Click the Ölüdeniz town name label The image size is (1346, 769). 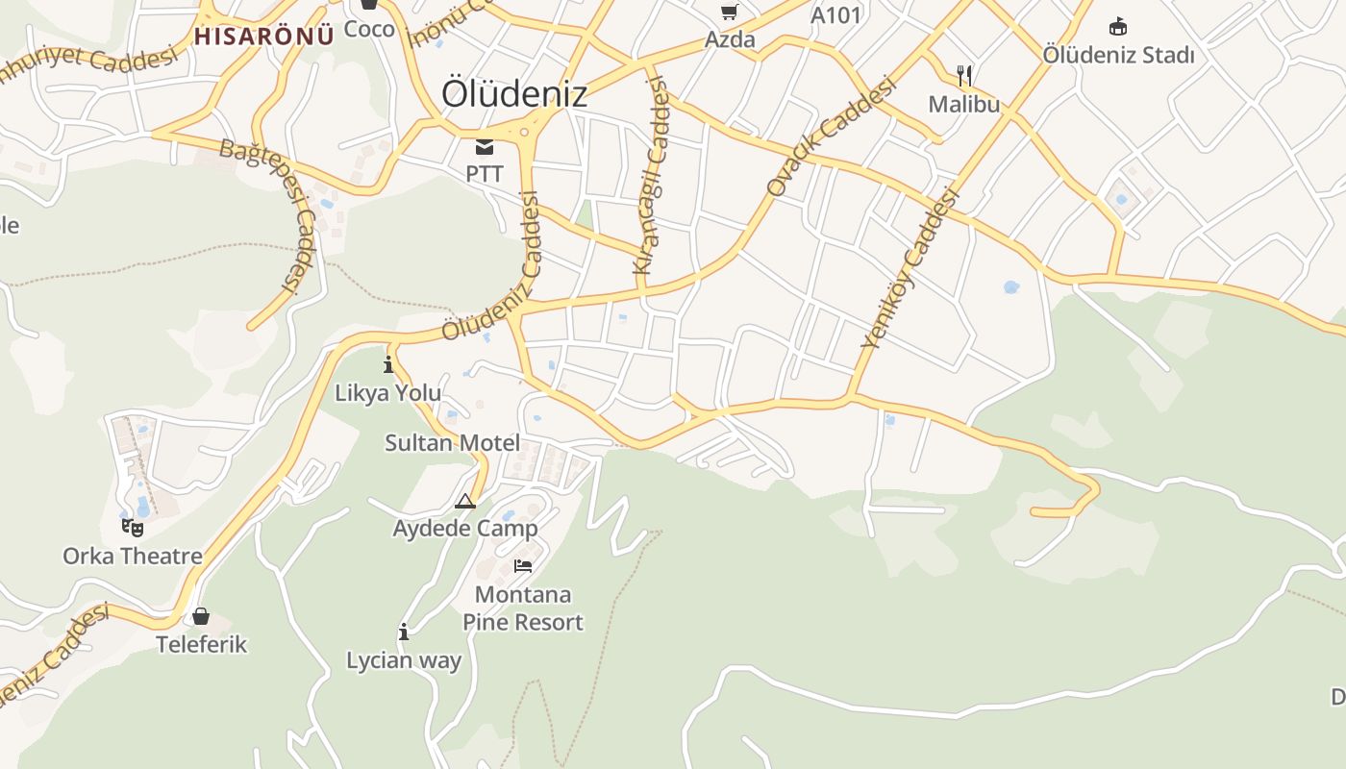pyautogui.click(x=513, y=93)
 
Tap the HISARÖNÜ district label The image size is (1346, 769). pyautogui.click(x=263, y=37)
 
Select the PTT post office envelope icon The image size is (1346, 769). pyautogui.click(x=484, y=147)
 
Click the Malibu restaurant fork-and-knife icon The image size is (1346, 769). pyautogui.click(x=964, y=76)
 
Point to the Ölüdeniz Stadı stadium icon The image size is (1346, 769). pyautogui.click(x=1118, y=26)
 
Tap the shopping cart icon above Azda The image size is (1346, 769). pyautogui.click(x=730, y=12)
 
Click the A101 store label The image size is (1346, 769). pyautogui.click(x=835, y=15)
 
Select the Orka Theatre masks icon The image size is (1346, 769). pyautogui.click(x=133, y=527)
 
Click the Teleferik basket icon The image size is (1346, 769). pyautogui.click(x=201, y=615)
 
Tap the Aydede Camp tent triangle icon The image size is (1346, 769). pyautogui.click(x=465, y=501)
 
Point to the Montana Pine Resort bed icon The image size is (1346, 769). pyautogui.click(x=523, y=565)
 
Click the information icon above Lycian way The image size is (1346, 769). pyautogui.click(x=404, y=632)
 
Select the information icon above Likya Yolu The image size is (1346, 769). pyautogui.click(x=388, y=364)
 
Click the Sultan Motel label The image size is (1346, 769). pyautogui.click(x=452, y=443)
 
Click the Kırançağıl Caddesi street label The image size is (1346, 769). pyautogui.click(x=651, y=177)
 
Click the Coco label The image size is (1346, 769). pyautogui.click(x=369, y=29)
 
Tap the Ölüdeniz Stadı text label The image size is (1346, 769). pyautogui.click(x=1118, y=55)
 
